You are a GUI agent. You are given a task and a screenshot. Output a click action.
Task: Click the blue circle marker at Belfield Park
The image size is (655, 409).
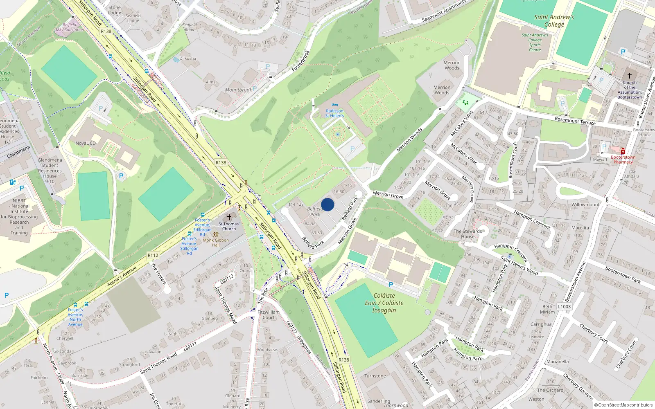point(327,204)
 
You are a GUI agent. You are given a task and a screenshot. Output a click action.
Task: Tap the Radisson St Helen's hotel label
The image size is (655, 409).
point(334,113)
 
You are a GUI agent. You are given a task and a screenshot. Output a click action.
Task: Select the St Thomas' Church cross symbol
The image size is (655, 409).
point(229,217)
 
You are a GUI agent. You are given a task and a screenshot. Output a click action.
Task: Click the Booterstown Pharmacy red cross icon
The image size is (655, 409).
point(623,151)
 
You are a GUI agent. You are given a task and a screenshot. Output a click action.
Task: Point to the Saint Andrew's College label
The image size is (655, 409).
point(554,21)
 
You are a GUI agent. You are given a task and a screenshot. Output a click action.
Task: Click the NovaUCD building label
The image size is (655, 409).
point(86,143)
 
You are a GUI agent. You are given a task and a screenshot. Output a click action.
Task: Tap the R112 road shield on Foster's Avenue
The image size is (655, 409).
point(153,255)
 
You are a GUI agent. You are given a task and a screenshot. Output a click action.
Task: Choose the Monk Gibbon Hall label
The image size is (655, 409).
point(216,243)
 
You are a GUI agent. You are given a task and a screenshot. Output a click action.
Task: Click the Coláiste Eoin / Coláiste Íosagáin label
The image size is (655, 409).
point(384,303)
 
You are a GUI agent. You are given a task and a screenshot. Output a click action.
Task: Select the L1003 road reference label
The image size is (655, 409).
point(564,306)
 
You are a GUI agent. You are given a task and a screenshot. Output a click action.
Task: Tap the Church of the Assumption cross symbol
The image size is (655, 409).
point(630,75)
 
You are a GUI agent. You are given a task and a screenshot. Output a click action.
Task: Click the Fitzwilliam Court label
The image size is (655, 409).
point(269,315)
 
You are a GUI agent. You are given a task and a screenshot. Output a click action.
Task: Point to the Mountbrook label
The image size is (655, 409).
point(238,90)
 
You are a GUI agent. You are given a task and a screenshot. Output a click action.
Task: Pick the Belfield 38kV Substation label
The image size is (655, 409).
point(70,27)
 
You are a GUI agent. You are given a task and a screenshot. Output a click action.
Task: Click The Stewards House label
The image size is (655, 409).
point(468,234)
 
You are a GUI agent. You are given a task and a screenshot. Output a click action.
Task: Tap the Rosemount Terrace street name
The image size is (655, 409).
point(575,121)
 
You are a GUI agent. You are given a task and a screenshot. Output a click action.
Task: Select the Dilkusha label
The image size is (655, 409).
point(187,58)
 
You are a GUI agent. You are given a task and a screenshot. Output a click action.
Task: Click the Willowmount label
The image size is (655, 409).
point(585,204)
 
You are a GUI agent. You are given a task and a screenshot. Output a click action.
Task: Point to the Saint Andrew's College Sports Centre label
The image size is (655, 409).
point(535,43)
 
